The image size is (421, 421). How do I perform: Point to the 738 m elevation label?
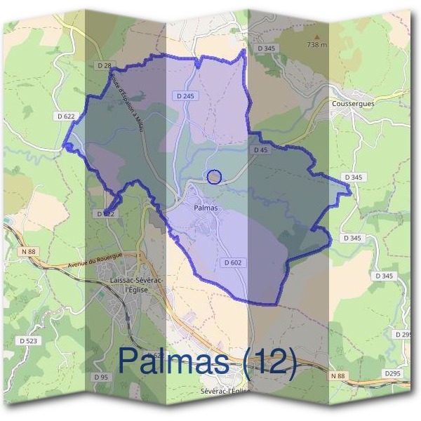click(x=317, y=45)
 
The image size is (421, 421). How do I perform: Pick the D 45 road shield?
click(x=259, y=149)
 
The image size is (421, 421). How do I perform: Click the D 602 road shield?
click(x=234, y=262)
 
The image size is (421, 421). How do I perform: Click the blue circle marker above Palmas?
click(x=215, y=177)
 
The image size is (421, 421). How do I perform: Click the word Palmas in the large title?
click(x=174, y=361)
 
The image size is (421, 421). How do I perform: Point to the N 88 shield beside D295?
click(x=338, y=377)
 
